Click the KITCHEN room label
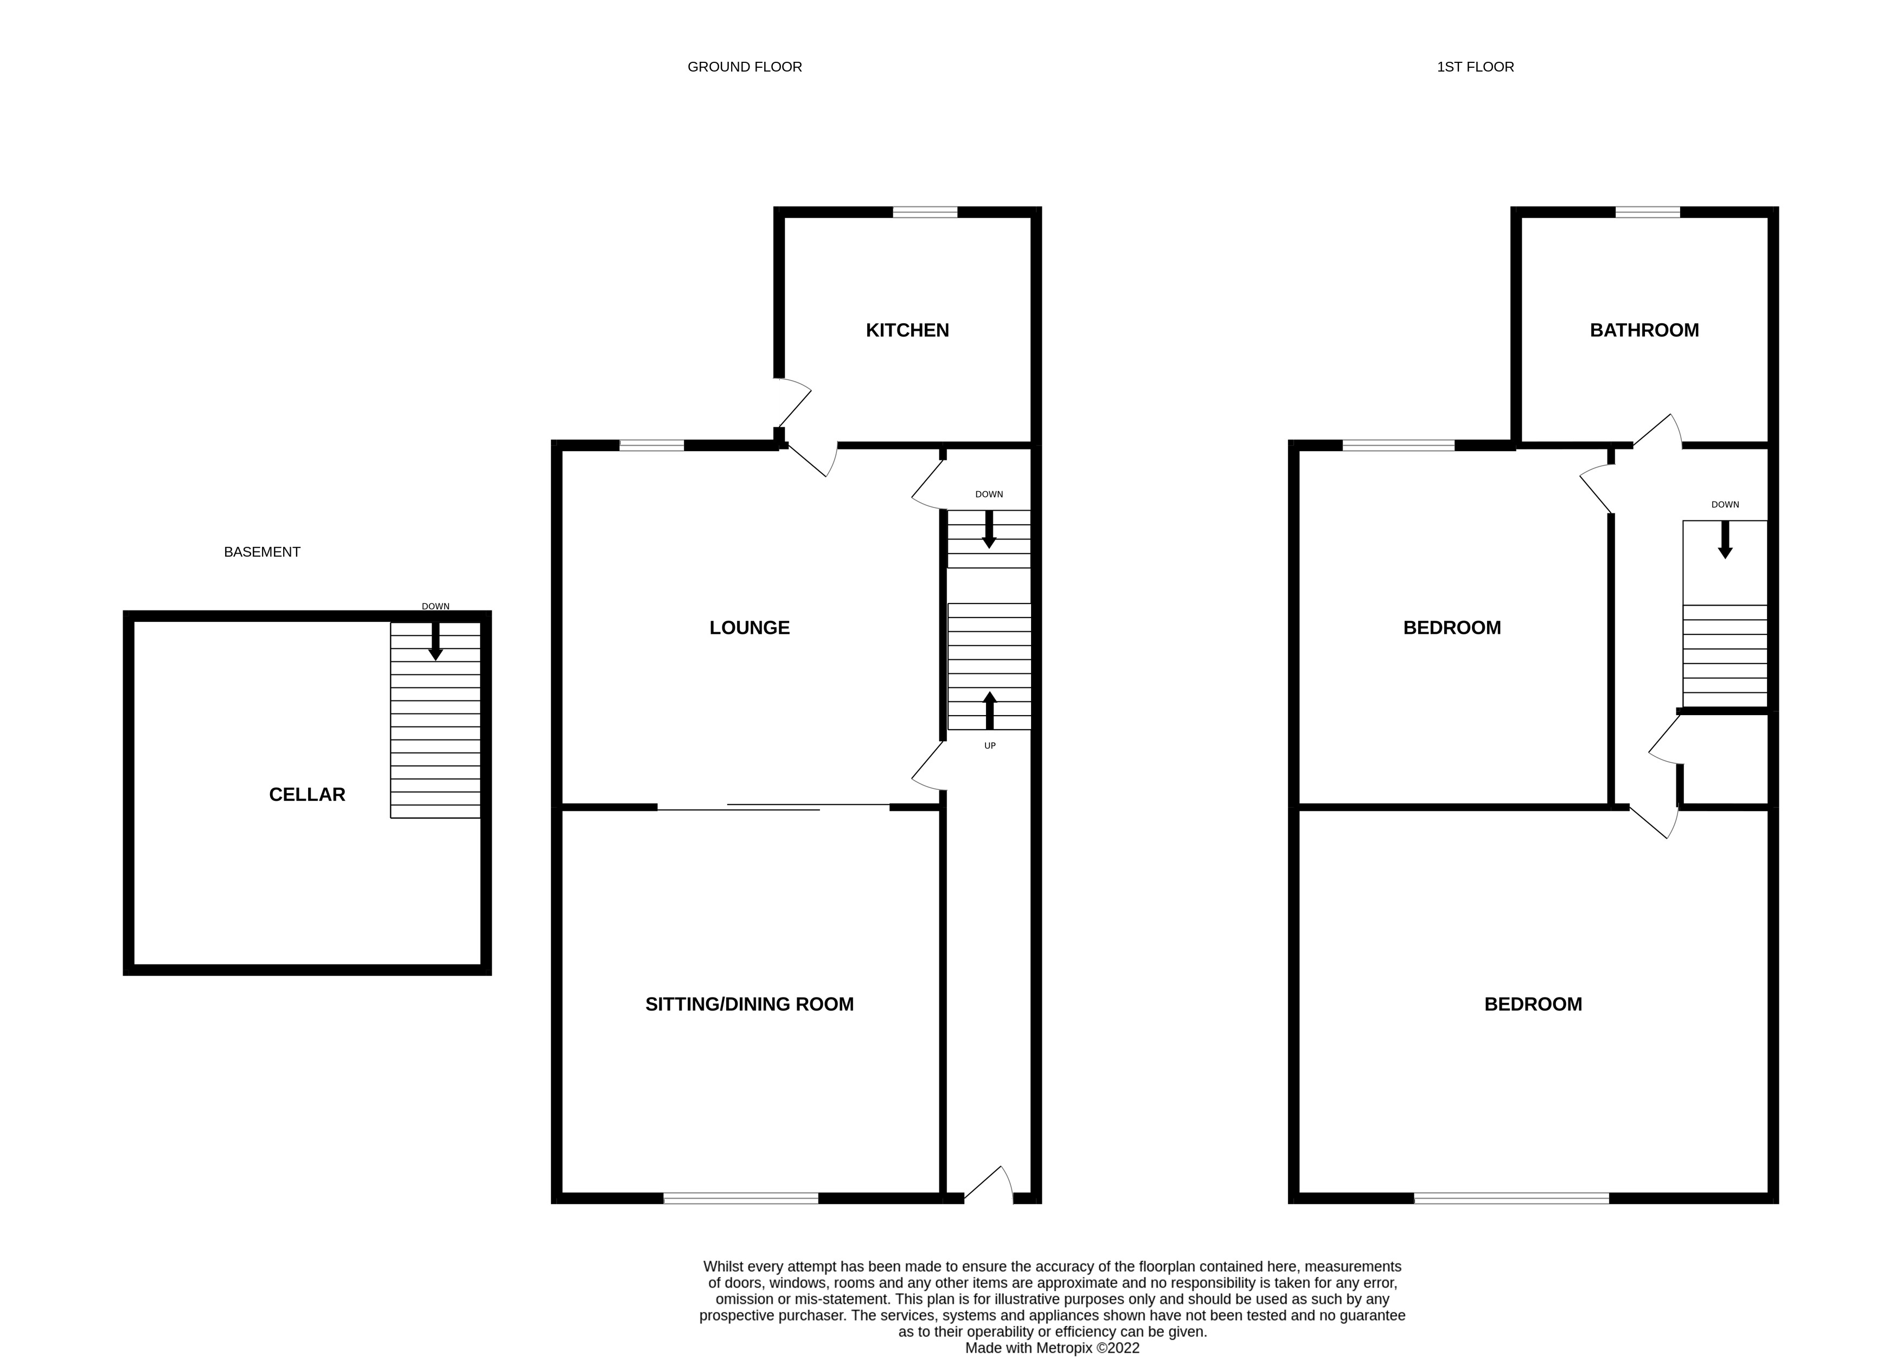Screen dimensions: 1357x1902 click(x=907, y=330)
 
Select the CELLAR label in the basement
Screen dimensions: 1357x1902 click(x=306, y=795)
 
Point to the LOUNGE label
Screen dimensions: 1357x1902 click(x=749, y=627)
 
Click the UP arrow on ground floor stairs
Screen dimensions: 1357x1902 click(x=989, y=710)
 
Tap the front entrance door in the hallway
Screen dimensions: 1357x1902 click(x=989, y=1187)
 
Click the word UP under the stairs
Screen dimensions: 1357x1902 click(x=989, y=745)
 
